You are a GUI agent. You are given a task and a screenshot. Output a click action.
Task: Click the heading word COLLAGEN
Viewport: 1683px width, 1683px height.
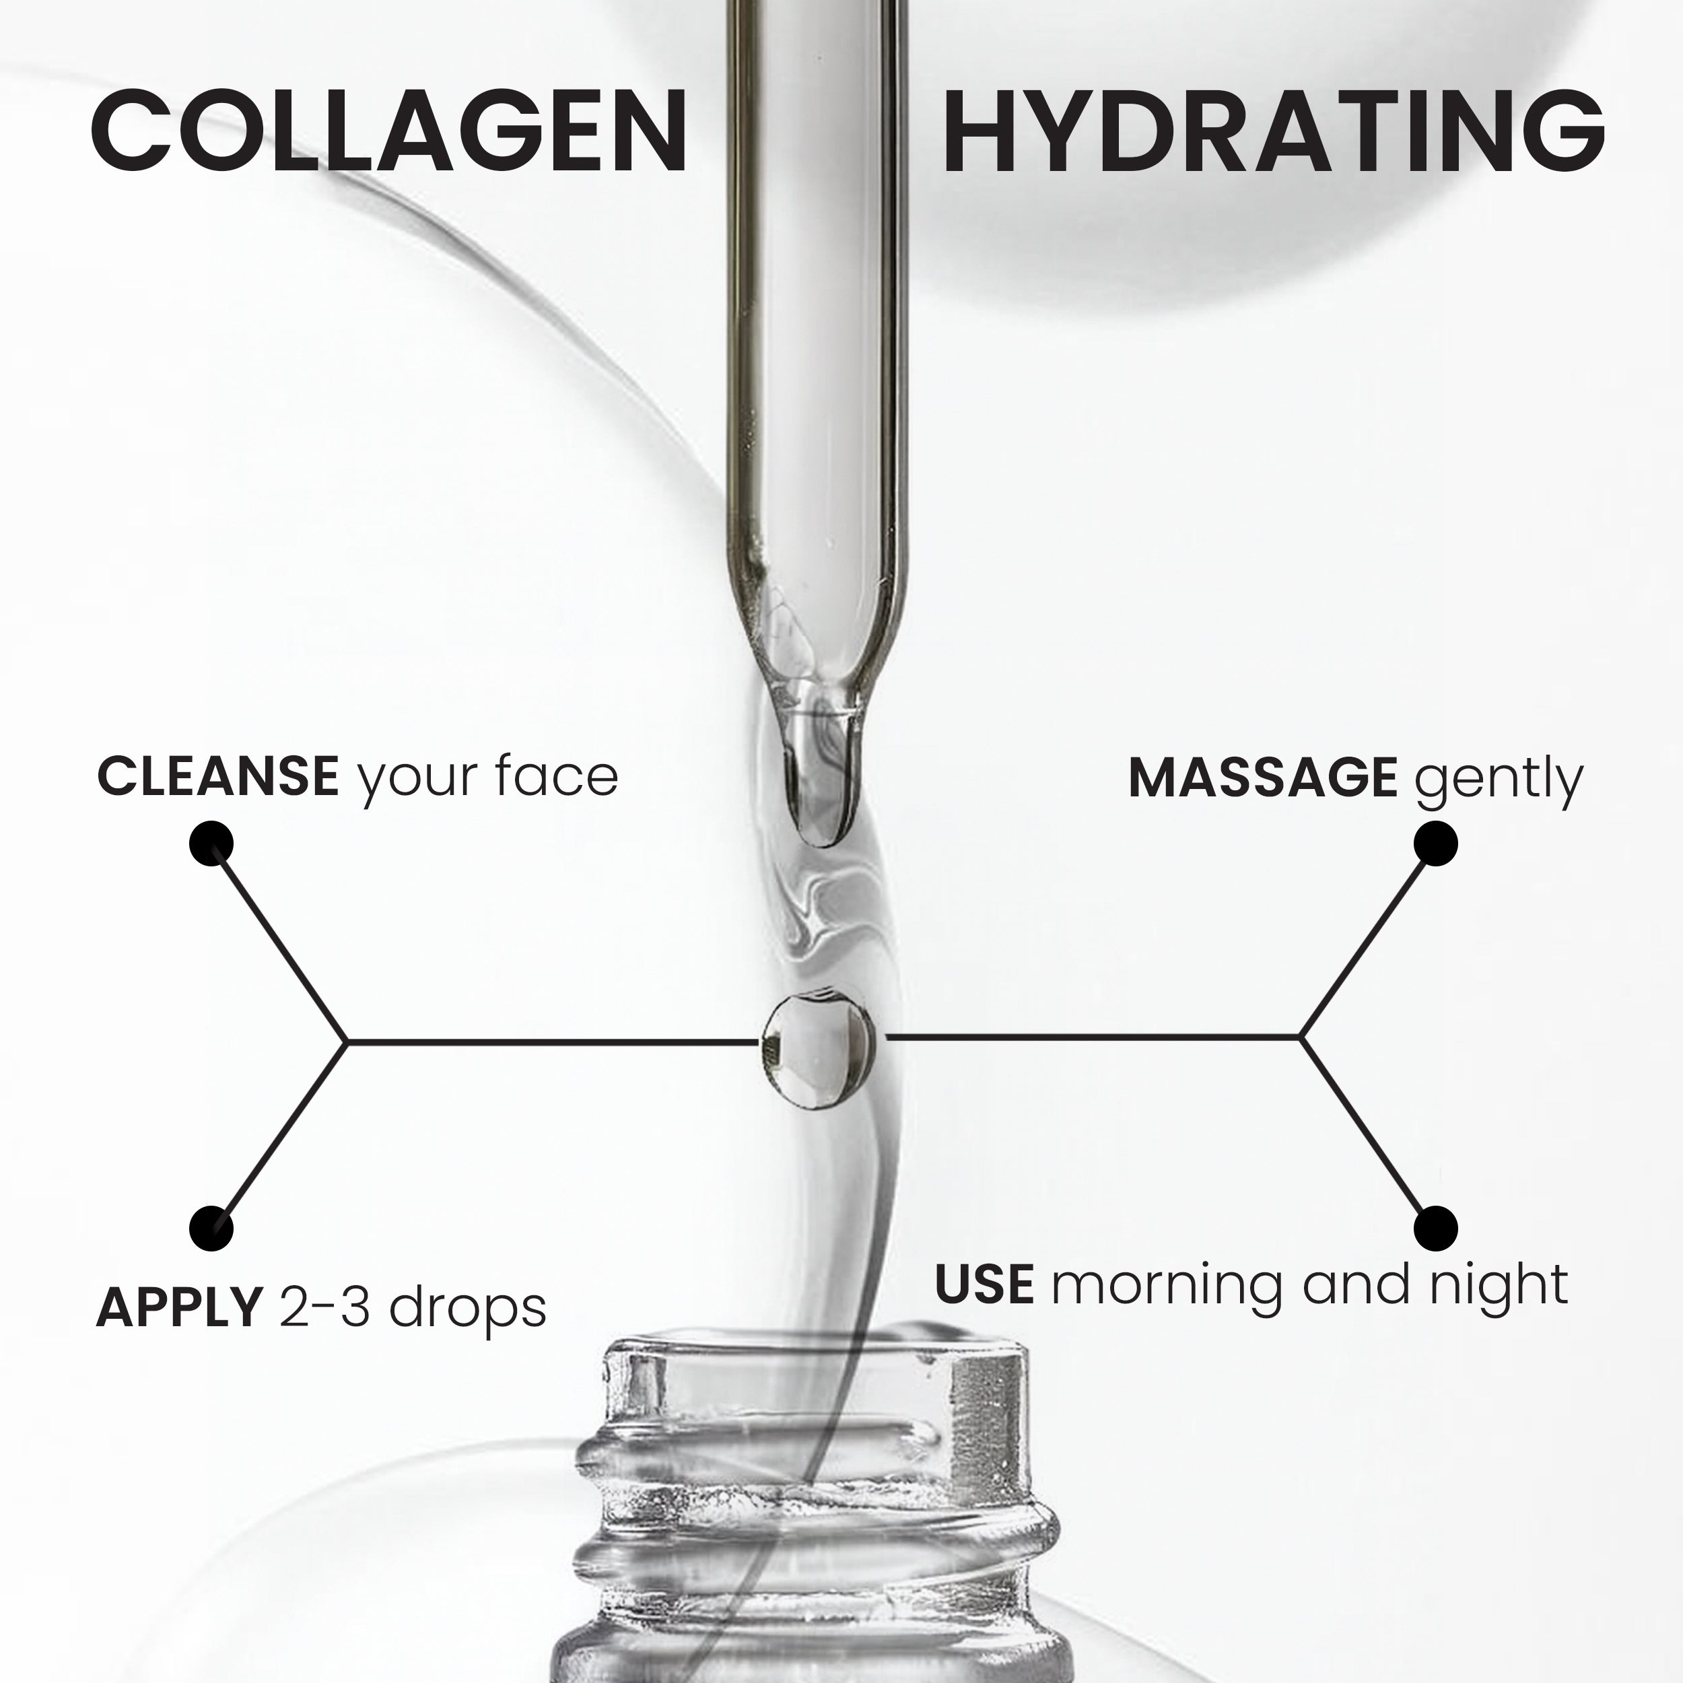tap(389, 133)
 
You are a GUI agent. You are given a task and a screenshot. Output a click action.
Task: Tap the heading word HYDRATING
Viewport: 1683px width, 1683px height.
tap(1273, 133)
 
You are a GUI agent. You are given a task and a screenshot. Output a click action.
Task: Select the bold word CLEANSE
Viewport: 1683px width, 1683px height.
tap(217, 776)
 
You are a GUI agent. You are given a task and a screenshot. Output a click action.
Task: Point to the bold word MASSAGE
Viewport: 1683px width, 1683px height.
tap(1262, 777)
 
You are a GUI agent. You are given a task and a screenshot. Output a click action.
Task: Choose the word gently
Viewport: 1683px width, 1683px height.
tap(1499, 780)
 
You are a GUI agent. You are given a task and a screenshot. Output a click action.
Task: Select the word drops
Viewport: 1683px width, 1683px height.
tap(468, 1309)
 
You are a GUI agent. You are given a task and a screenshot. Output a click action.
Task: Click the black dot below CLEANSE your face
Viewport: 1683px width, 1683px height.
tap(211, 844)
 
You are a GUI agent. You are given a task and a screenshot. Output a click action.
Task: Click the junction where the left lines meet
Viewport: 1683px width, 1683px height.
tap(347, 1040)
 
